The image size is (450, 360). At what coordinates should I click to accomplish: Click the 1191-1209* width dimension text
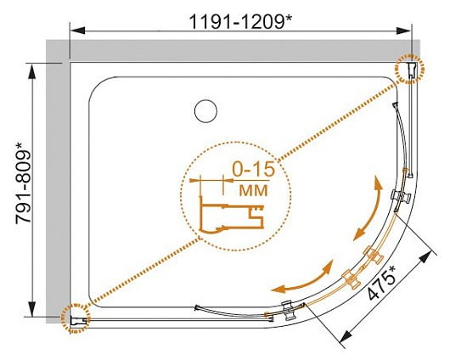240,21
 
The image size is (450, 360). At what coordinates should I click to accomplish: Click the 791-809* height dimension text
23,183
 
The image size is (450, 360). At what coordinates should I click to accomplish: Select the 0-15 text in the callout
253,169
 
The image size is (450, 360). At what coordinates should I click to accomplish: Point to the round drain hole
205,111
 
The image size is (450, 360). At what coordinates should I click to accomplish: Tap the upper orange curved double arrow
368,208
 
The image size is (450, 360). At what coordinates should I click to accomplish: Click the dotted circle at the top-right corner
409,69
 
